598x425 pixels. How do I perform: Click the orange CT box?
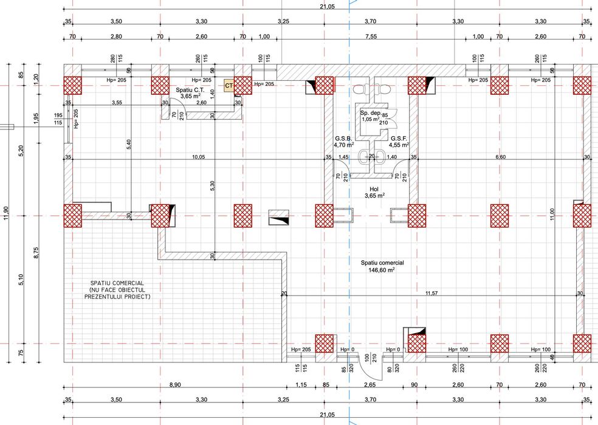point(229,86)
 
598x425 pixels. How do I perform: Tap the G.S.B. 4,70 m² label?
point(344,142)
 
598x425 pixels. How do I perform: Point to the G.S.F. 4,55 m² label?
point(399,142)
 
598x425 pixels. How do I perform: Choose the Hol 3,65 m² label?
point(371,192)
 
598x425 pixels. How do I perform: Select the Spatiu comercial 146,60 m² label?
point(382,266)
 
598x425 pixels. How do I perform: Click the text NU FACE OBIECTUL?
point(117,291)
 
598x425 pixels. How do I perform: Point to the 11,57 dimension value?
point(431,294)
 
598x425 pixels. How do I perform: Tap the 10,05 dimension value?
point(199,157)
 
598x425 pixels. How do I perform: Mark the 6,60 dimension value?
point(500,157)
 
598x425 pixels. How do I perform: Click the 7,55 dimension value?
point(371,36)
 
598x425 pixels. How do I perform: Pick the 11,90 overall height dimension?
point(6,216)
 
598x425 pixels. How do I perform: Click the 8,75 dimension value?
point(36,251)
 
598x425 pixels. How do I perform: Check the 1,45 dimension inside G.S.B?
point(344,157)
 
